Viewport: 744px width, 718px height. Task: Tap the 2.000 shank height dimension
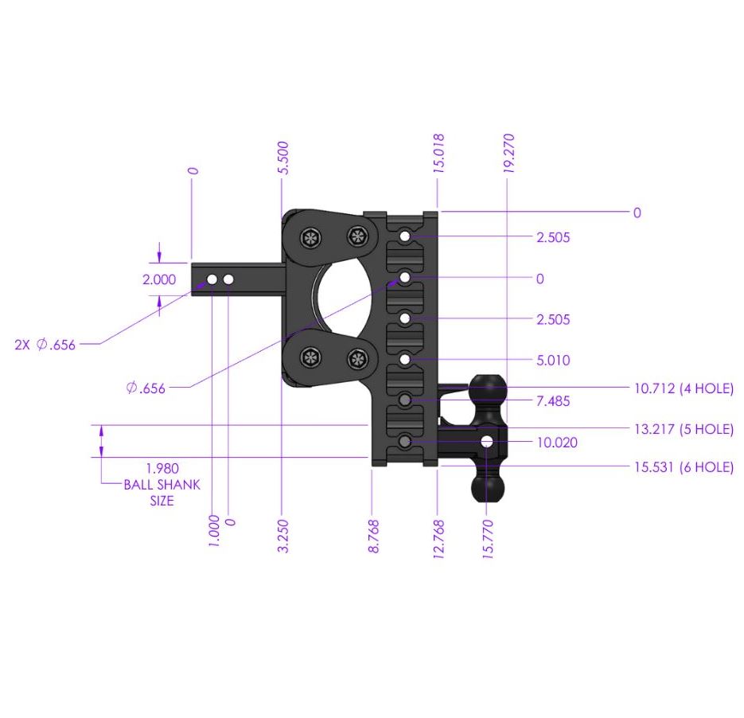tap(158, 279)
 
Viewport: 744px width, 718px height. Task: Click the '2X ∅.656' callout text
tap(45, 345)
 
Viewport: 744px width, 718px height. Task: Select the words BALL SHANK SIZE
tap(162, 493)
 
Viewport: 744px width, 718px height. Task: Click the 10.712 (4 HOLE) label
tap(684, 388)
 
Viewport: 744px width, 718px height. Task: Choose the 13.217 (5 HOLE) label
tap(684, 429)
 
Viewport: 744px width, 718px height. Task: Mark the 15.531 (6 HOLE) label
tap(684, 467)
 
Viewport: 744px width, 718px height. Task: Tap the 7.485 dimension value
tap(553, 401)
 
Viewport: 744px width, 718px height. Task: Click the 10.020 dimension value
tap(556, 443)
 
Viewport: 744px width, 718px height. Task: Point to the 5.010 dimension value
tap(553, 361)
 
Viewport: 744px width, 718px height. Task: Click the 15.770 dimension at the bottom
tap(488, 540)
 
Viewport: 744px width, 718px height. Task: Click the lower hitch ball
tap(488, 487)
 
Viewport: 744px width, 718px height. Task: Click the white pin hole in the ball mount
tap(487, 441)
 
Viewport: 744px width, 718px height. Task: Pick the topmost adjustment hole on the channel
tap(406, 236)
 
